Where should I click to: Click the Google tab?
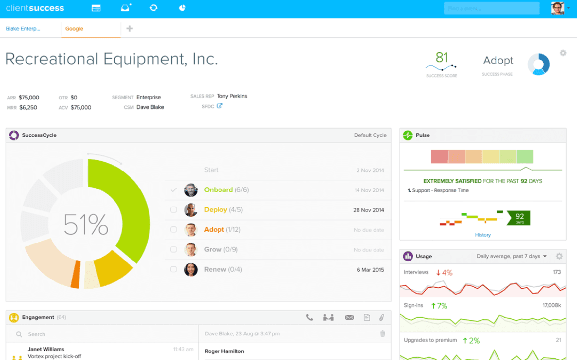[x=74, y=29]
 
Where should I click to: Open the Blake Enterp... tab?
[x=23, y=29]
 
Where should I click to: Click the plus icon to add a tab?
[x=130, y=29]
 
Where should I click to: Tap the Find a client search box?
[x=491, y=8]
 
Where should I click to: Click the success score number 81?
[x=442, y=58]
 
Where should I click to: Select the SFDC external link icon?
[x=219, y=106]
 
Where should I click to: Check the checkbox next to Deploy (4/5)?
[x=173, y=210]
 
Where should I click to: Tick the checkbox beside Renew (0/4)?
[x=173, y=269]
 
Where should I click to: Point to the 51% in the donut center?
[x=86, y=225]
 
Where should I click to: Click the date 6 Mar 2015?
[x=370, y=270]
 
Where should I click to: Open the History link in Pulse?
[x=483, y=235]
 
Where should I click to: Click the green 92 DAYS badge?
[x=519, y=218]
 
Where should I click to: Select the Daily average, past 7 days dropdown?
[x=512, y=256]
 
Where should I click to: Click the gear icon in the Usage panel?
[x=559, y=256]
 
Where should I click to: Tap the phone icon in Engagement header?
[x=309, y=317]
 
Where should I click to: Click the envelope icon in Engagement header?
[x=349, y=317]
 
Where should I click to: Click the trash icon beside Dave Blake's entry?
[x=382, y=333]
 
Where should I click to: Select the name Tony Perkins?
[x=232, y=96]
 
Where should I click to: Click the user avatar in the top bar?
[x=557, y=8]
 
